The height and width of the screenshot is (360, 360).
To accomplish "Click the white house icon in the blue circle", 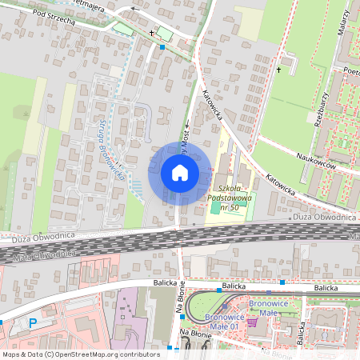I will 179,172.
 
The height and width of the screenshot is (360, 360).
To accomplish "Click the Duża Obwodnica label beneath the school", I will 290,216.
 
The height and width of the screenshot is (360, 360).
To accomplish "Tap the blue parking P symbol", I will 33,323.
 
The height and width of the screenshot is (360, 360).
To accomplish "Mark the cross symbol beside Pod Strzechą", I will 151,34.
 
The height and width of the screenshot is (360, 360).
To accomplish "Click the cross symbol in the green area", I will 279,70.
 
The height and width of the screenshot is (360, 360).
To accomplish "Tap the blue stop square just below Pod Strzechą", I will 162,47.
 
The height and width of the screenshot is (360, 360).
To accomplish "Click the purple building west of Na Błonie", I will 127,308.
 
